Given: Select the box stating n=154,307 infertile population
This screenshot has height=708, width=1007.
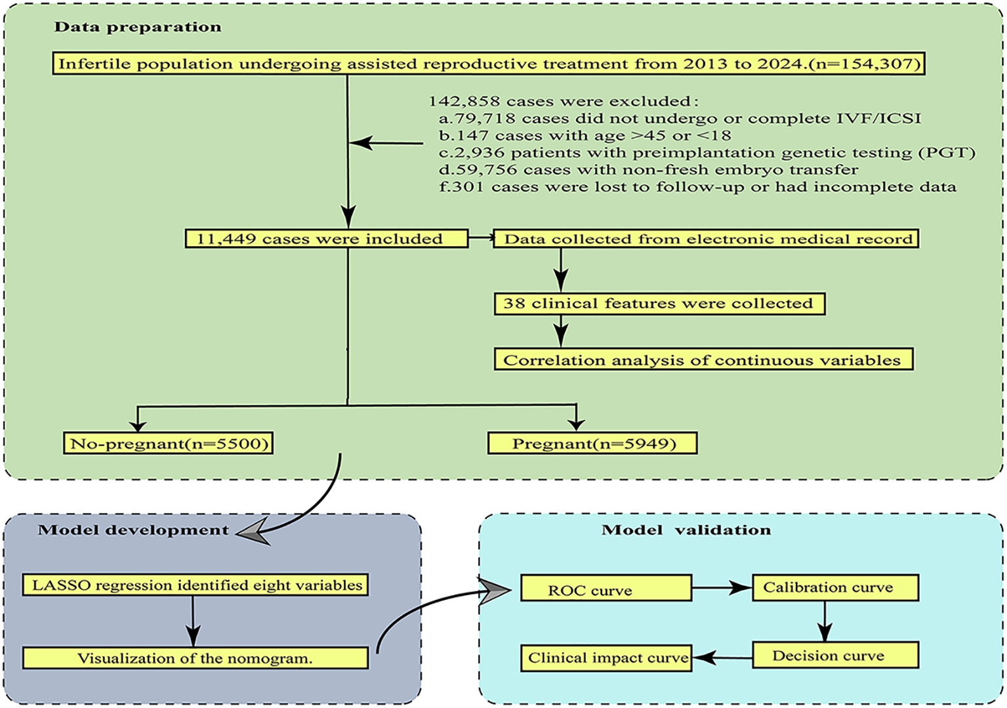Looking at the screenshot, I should click(x=489, y=64).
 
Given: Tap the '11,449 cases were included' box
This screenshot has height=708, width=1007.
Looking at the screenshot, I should click(x=326, y=238).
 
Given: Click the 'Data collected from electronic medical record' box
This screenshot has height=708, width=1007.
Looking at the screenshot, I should click(x=705, y=239).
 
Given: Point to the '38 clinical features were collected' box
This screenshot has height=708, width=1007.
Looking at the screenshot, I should click(x=659, y=304).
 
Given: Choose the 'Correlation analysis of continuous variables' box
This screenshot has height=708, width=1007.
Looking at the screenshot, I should click(x=703, y=360).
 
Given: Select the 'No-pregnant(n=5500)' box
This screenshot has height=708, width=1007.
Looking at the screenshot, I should click(x=168, y=444).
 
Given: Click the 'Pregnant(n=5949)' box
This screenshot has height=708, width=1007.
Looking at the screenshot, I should click(x=592, y=444).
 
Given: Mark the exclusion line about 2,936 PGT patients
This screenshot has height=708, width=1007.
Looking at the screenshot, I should click(x=707, y=153).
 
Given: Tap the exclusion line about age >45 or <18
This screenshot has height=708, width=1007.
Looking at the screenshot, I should click(x=585, y=136).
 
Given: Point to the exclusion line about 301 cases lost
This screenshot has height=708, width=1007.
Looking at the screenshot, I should click(x=697, y=187).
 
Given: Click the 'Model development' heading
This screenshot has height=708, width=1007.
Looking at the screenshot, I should click(x=133, y=530).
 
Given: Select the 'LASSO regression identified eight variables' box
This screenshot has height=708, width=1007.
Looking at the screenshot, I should click(x=195, y=585).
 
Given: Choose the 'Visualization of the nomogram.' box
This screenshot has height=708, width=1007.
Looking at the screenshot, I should click(x=195, y=658).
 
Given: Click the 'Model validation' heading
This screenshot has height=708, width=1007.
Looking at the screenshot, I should click(x=686, y=530).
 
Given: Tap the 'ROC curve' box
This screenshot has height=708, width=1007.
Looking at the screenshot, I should click(x=606, y=589).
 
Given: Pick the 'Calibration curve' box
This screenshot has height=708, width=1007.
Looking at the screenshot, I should click(x=834, y=588).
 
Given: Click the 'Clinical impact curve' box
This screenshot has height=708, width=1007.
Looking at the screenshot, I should click(x=607, y=658).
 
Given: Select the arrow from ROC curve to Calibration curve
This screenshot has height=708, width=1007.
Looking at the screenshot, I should click(x=722, y=588).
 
